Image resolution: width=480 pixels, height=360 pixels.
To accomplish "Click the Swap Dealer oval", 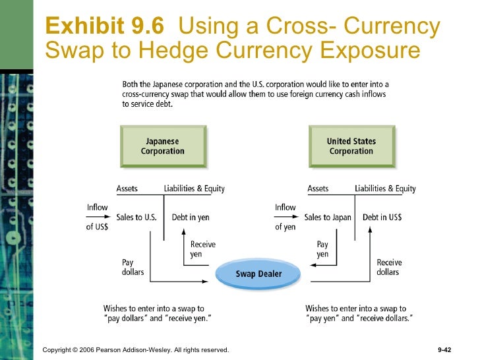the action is [x=258, y=274].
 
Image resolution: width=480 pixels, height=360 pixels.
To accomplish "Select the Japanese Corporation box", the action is [x=163, y=146].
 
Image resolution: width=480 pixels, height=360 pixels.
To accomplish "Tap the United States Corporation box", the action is [x=351, y=146].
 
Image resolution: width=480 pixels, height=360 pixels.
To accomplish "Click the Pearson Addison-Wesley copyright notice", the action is [x=135, y=349].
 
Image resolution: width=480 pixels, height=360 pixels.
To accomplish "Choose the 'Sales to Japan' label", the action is [x=328, y=217].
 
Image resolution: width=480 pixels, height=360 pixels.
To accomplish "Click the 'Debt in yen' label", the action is [x=191, y=217].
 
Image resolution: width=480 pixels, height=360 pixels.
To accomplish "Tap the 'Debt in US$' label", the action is [x=382, y=217].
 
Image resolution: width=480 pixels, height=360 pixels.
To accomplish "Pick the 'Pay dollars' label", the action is [x=133, y=267].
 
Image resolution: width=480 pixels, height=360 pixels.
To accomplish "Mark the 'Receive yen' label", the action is [x=202, y=249].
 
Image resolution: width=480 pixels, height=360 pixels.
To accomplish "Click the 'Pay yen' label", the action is [x=322, y=249].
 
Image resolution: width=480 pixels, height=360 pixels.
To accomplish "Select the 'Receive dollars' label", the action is [x=389, y=267].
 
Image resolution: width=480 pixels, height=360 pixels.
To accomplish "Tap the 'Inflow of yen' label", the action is [x=285, y=217].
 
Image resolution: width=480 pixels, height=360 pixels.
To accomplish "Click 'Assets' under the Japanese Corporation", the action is [x=127, y=189].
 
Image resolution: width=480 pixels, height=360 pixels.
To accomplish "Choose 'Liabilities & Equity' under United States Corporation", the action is [x=385, y=189].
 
